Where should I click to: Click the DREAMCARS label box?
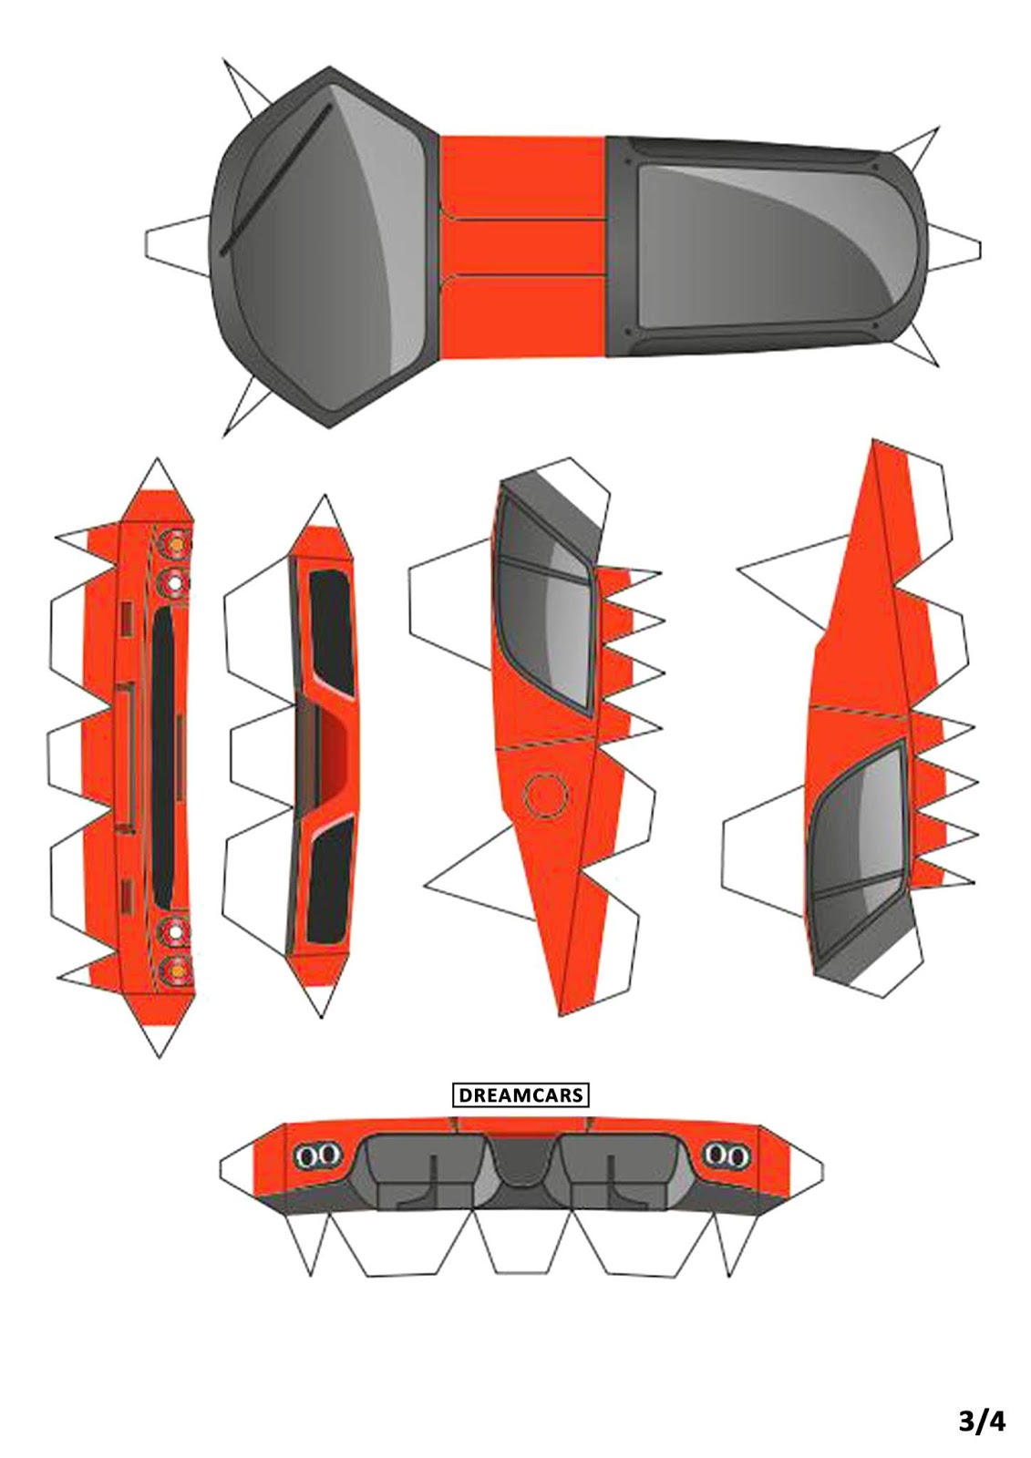(x=521, y=1094)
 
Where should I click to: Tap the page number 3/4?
(x=981, y=1420)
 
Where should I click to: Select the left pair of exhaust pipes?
(x=315, y=1156)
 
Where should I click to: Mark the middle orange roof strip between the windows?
(x=523, y=246)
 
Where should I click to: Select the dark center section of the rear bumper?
(x=521, y=1161)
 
